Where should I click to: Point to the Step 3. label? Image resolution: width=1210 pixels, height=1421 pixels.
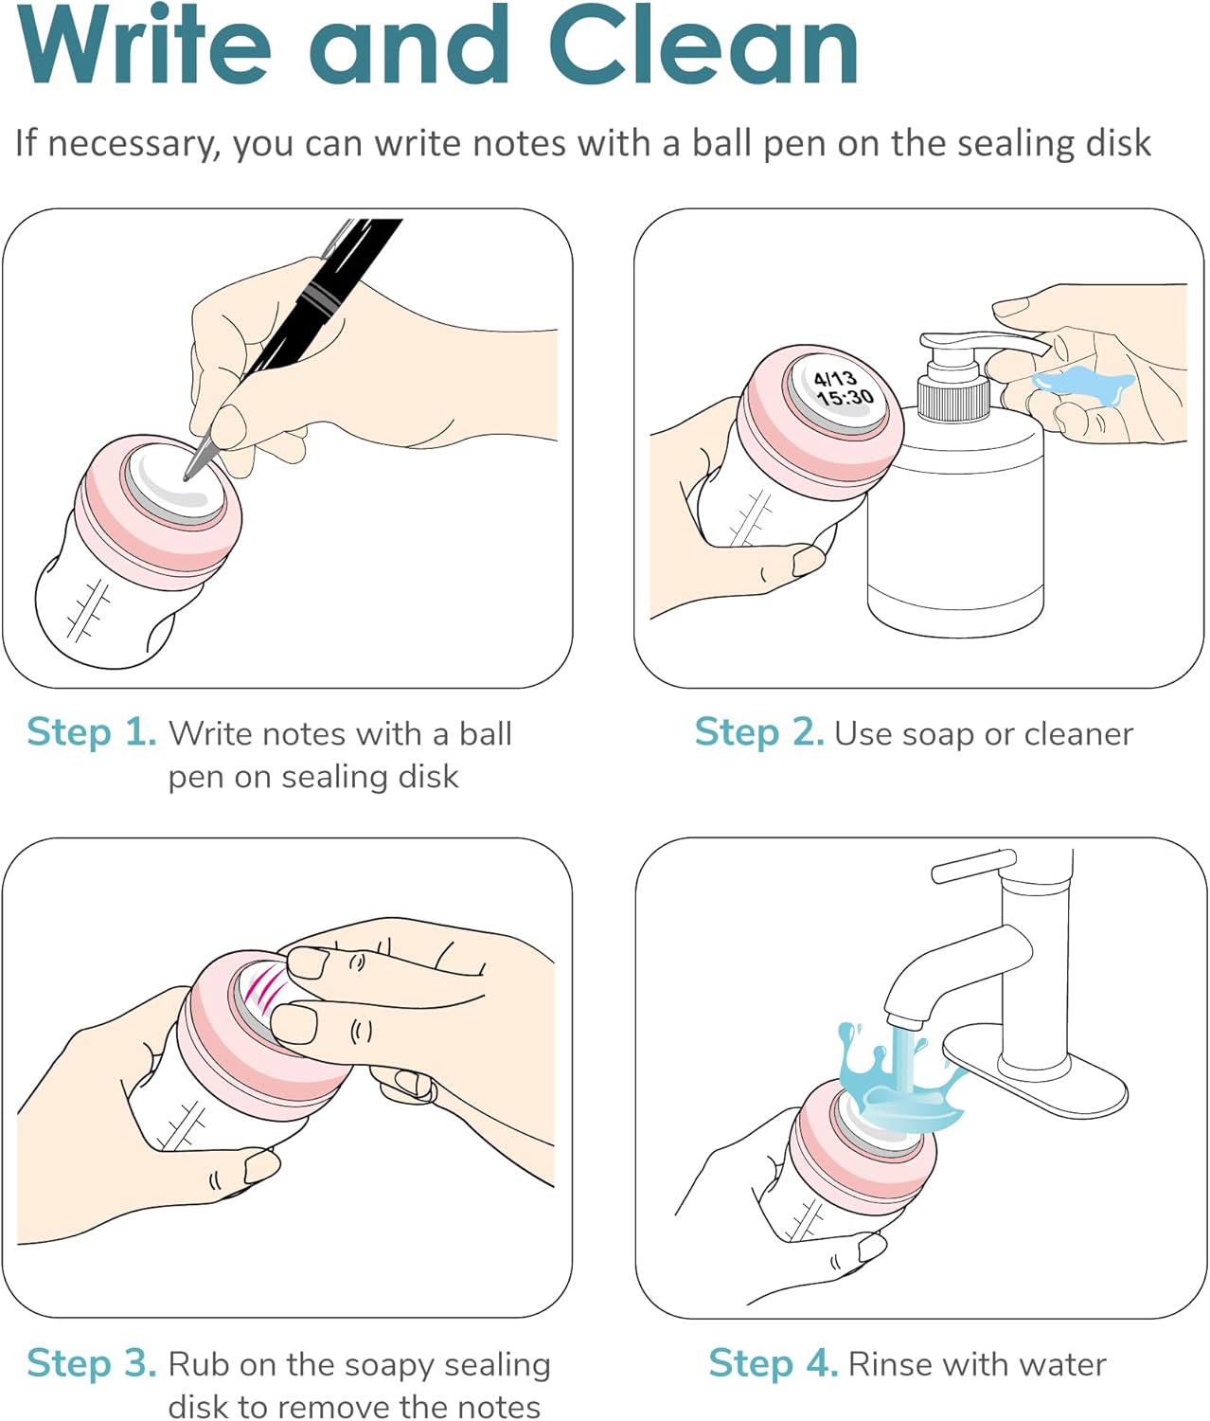click(x=92, y=1364)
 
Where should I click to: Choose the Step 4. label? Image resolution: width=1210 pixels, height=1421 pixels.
click(x=773, y=1364)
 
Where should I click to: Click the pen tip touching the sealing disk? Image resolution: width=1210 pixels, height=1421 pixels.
click(x=187, y=477)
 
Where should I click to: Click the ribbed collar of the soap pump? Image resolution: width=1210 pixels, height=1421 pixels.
click(x=953, y=400)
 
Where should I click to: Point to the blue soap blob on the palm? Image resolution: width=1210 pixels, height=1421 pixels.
click(x=1083, y=385)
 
